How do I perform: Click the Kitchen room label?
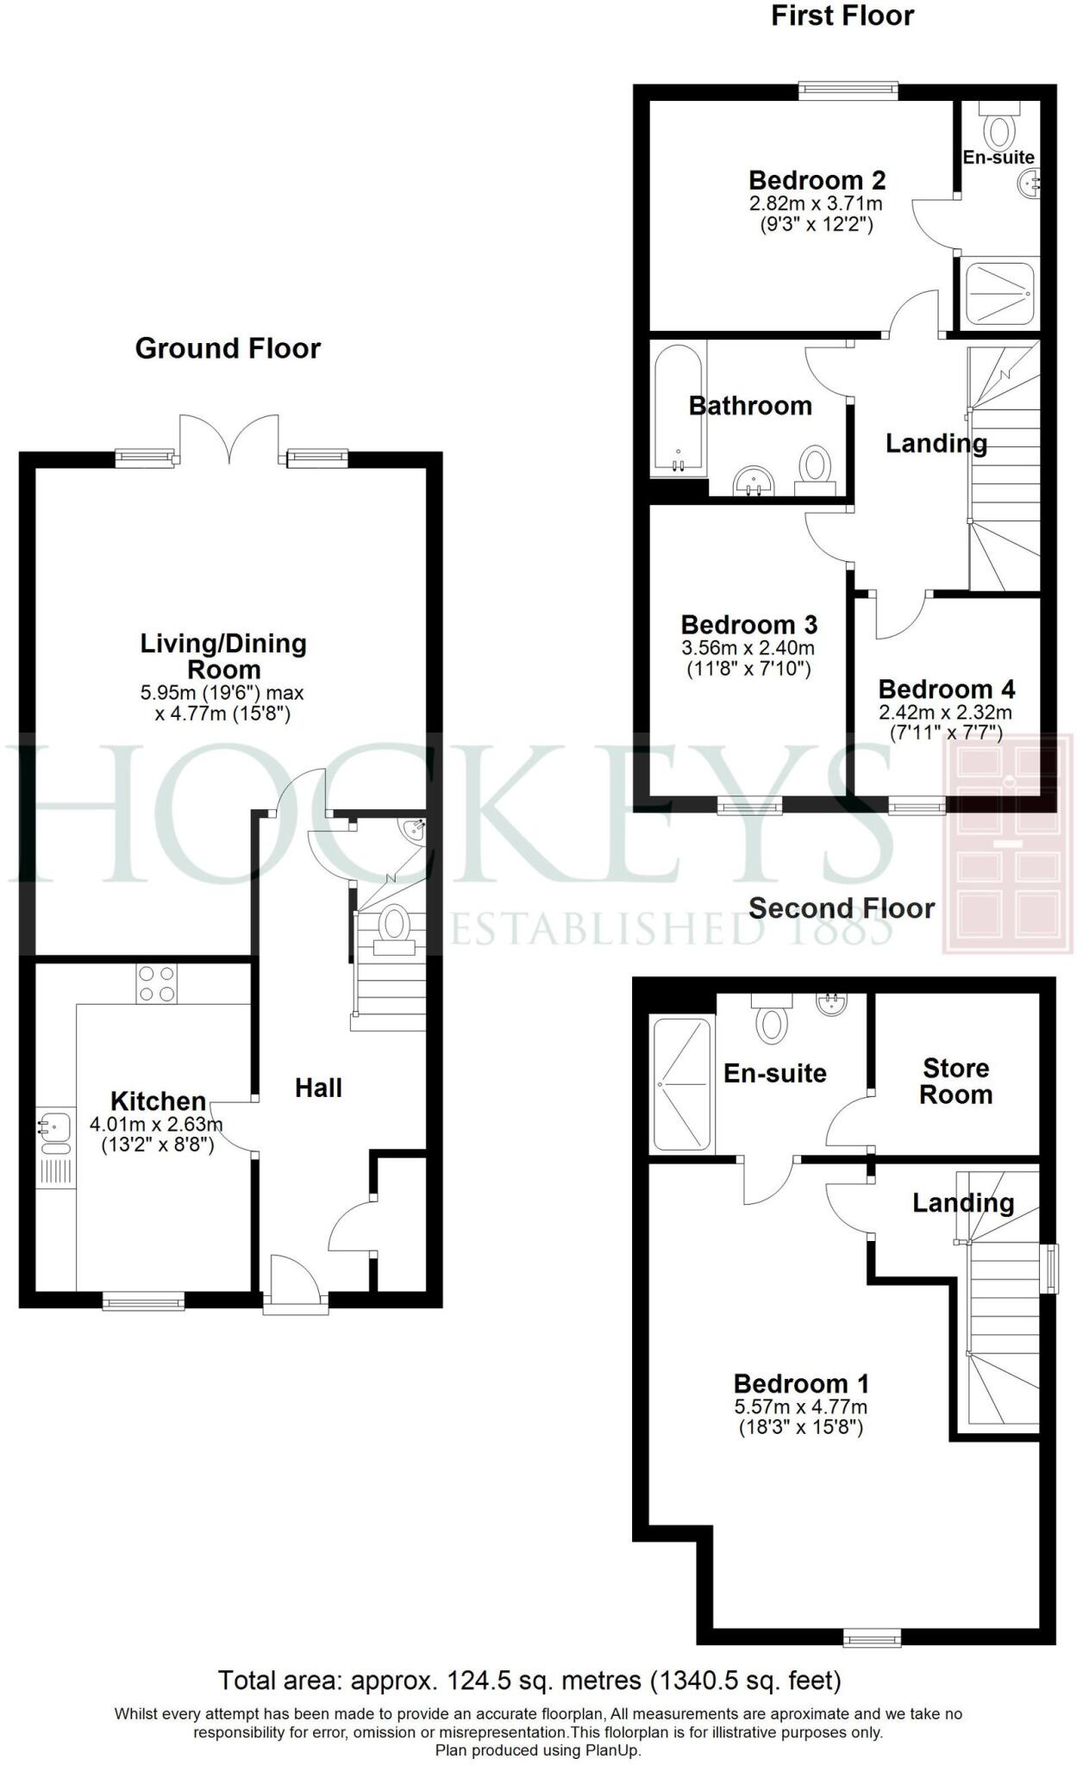pos(158,1101)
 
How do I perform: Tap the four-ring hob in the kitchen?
pos(156,983)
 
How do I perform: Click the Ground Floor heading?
pos(228,348)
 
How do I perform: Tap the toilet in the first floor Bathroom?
pos(814,470)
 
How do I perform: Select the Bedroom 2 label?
pos(817,180)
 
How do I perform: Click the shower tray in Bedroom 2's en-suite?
pos(998,293)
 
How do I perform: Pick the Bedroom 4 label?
pos(946,689)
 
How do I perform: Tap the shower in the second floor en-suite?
pos(682,1084)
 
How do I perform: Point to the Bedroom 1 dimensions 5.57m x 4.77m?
pos(800,1406)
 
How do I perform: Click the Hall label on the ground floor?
pos(318,1088)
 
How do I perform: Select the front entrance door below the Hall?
pos(295,1285)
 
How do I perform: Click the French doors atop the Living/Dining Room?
pos(230,438)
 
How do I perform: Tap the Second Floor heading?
pos(841,907)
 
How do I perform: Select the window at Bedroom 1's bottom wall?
pos(872,1637)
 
